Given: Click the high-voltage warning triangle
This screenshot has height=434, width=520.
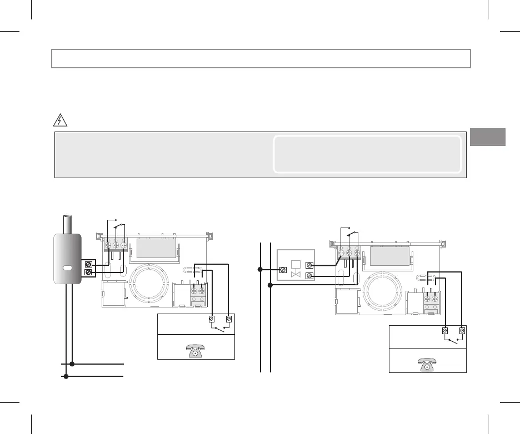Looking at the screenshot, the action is point(61,119).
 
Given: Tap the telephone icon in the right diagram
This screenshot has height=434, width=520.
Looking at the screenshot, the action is point(426,363).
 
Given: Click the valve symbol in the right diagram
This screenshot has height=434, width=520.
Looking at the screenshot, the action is point(296,274).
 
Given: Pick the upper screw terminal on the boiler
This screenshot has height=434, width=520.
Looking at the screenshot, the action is point(88,265).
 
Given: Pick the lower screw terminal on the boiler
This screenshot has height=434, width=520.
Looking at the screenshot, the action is point(88,272).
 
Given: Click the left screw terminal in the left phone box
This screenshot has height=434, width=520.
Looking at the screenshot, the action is point(212,319).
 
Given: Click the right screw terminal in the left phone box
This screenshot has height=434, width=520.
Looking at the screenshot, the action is point(229,319).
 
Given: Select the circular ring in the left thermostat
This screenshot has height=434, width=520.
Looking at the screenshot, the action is point(149,284).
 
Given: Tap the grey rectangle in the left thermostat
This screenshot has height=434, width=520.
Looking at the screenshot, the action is point(156,248).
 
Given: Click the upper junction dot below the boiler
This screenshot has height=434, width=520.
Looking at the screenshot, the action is point(73,364).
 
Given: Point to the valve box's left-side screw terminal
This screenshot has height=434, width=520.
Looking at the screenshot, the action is point(282,270).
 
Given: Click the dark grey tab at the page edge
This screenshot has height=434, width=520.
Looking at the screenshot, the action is point(488,137).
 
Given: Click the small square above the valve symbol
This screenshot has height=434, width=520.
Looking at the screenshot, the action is point(296,264).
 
